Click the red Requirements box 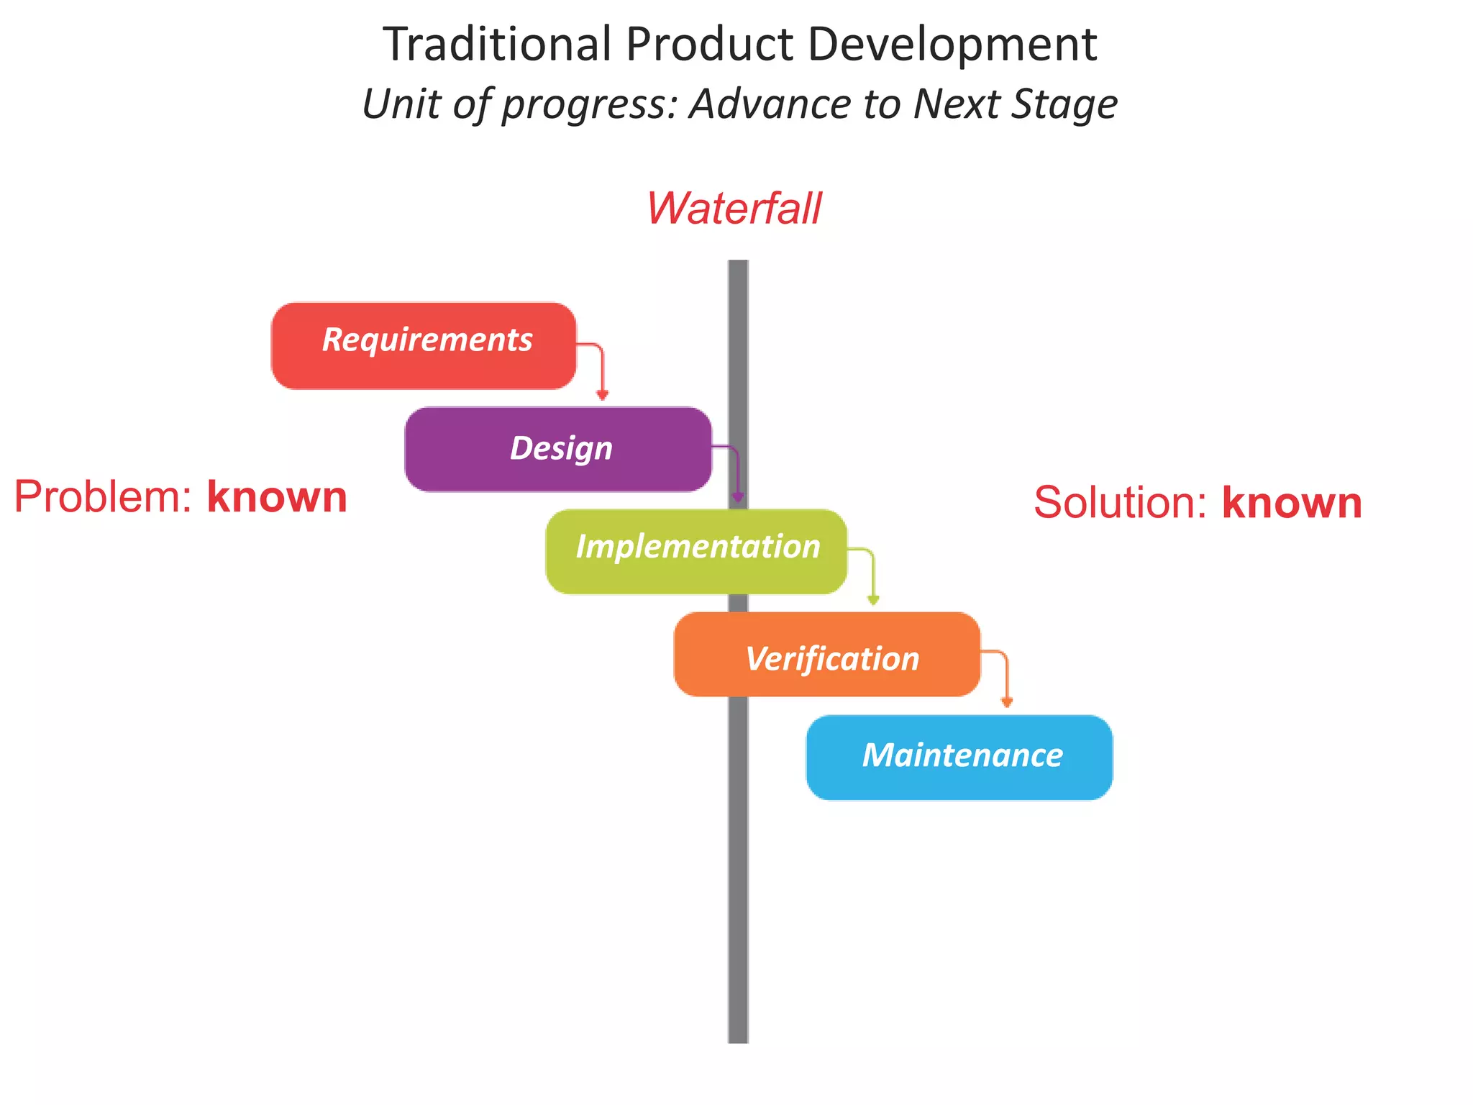[x=424, y=346]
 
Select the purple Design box [x=558, y=450]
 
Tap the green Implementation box [x=696, y=551]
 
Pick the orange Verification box [x=827, y=655]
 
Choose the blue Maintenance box [x=959, y=758]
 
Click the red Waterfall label [x=734, y=209]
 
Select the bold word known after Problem [x=277, y=497]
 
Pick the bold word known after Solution [x=1292, y=502]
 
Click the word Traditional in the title [x=497, y=45]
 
